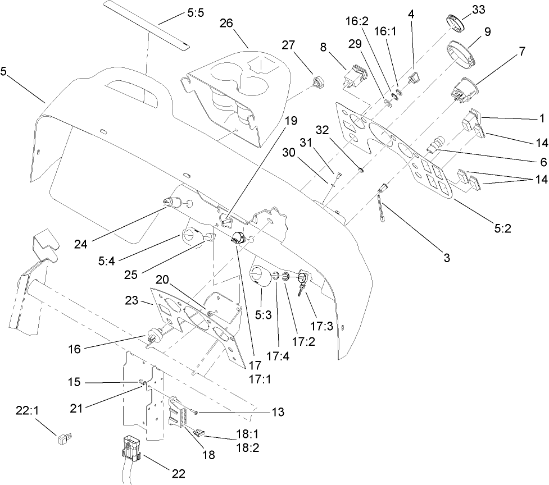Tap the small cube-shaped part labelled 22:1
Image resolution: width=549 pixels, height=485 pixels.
(x=63, y=438)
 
